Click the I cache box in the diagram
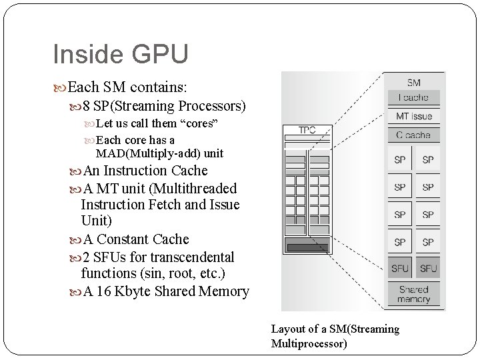click(414, 98)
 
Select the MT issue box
click(414, 117)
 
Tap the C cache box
click(414, 135)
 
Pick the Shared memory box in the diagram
click(414, 295)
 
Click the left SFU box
click(400, 269)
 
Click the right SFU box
click(428, 269)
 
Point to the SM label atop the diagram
click(414, 83)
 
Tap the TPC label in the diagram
click(307, 131)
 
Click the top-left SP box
click(400, 160)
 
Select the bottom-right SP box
click(428, 242)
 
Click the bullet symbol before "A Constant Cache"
click(74, 239)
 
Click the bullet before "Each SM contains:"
click(63, 87)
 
